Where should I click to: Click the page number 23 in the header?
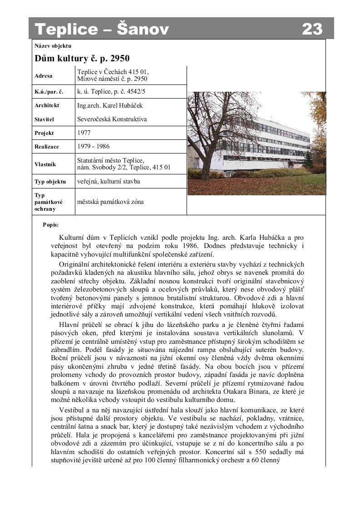[312, 29]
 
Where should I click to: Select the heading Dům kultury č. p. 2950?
[82, 58]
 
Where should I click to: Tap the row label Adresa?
[44, 76]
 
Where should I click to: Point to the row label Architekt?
[47, 105]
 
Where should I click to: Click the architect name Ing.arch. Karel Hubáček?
[109, 105]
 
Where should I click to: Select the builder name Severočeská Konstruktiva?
[112, 119]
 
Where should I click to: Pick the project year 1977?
[84, 133]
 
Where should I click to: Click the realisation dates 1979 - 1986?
[93, 146]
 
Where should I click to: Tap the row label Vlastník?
[45, 164]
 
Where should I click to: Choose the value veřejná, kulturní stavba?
[108, 181]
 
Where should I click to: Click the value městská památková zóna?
[110, 202]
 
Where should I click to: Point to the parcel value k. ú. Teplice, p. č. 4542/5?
[111, 91]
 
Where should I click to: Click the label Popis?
[50, 224]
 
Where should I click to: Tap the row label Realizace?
[46, 147]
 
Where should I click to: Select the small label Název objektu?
[53, 46]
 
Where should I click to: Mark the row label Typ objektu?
[50, 182]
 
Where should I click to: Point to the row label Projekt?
[44, 133]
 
